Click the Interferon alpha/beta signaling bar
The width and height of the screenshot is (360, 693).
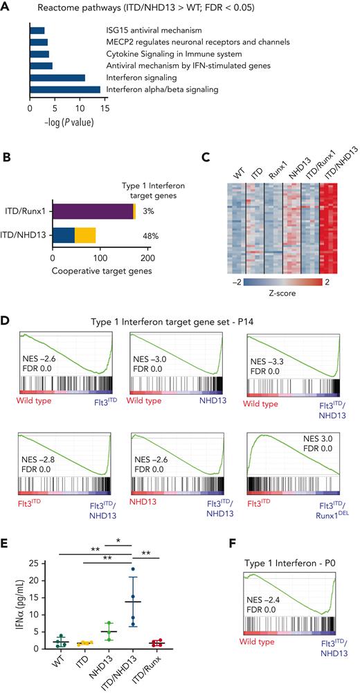coord(65,89)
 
